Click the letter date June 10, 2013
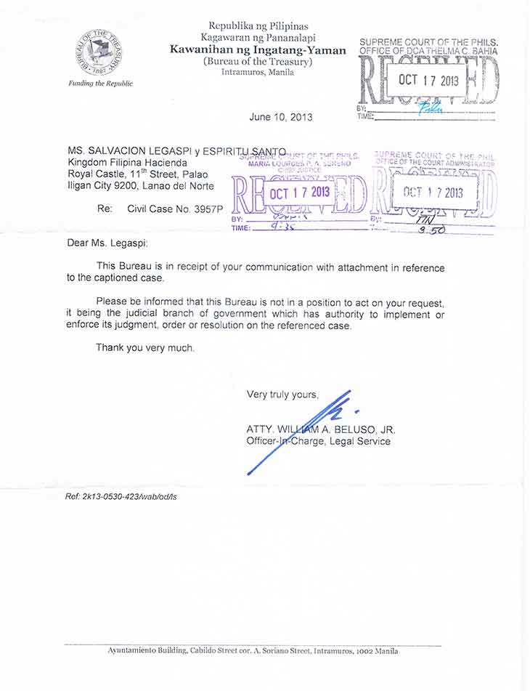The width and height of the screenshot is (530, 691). (x=280, y=117)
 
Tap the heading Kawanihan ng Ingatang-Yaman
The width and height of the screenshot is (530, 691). (x=258, y=50)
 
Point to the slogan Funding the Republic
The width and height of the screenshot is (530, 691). (x=101, y=84)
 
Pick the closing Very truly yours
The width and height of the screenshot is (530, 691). (x=282, y=395)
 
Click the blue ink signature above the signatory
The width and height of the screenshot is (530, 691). (x=305, y=429)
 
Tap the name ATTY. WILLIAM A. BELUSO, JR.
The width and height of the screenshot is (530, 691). (x=321, y=429)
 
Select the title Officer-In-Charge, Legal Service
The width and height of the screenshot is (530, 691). (x=318, y=441)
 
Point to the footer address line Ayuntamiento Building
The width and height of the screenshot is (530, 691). (x=253, y=651)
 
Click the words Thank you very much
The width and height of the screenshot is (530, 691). (x=145, y=348)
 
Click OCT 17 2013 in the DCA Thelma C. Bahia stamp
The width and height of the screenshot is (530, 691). (x=428, y=80)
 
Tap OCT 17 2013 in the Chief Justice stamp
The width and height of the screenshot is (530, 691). (x=300, y=193)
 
